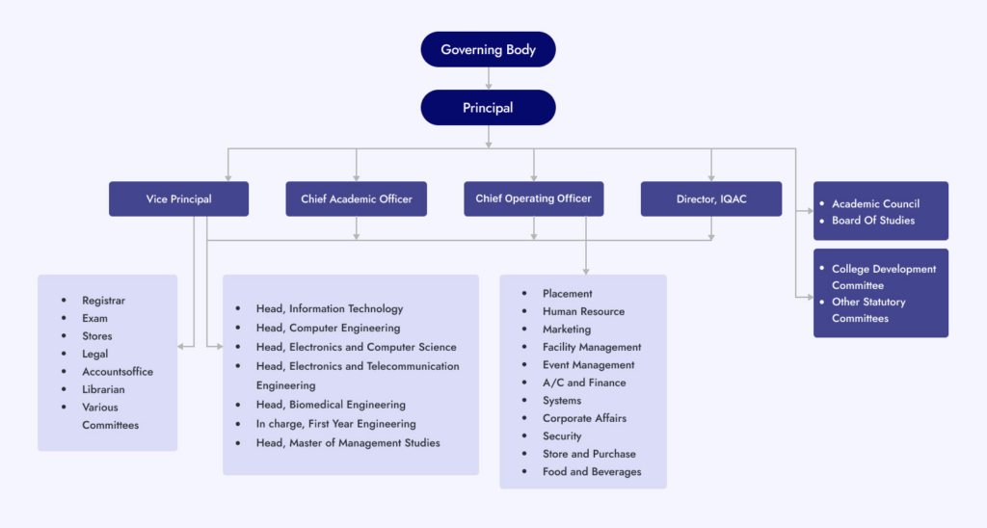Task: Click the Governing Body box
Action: pyautogui.click(x=488, y=49)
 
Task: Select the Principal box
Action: pyautogui.click(x=488, y=108)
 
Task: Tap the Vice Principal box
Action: pyautogui.click(x=178, y=199)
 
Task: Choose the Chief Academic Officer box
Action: pyautogui.click(x=356, y=199)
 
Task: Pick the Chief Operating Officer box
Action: pyautogui.click(x=533, y=198)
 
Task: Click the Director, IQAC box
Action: pyautogui.click(x=710, y=199)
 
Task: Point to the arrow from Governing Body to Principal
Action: pyautogui.click(x=489, y=78)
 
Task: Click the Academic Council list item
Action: pyautogui.click(x=875, y=203)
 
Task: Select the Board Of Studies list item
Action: pyautogui.click(x=873, y=220)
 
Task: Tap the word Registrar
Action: pyautogui.click(x=103, y=301)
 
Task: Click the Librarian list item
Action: pyautogui.click(x=103, y=389)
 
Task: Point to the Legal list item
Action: pyautogui.click(x=94, y=354)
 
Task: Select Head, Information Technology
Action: pyautogui.click(x=329, y=308)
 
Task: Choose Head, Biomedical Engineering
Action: pyautogui.click(x=331, y=405)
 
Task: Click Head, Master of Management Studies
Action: pyautogui.click(x=347, y=443)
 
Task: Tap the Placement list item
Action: pyautogui.click(x=567, y=293)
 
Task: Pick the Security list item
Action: pyautogui.click(x=562, y=436)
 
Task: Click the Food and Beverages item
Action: pyautogui.click(x=591, y=471)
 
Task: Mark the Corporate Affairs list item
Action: pyautogui.click(x=584, y=418)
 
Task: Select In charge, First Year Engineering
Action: pyautogui.click(x=335, y=424)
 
